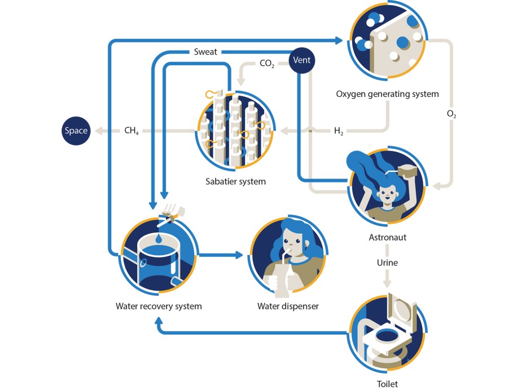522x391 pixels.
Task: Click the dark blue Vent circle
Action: [302, 60]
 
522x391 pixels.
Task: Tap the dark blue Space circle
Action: [76, 131]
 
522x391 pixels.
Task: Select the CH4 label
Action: [131, 131]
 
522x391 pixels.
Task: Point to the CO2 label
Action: [267, 64]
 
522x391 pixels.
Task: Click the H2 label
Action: [339, 131]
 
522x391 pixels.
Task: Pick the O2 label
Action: [451, 114]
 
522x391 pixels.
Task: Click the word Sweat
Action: [205, 52]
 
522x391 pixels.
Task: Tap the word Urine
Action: [387, 263]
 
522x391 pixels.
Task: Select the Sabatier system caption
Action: [235, 181]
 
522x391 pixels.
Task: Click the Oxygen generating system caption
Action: [387, 94]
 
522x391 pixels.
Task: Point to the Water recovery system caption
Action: [159, 306]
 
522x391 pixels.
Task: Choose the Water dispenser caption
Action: [288, 306]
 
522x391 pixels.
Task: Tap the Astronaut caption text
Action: [387, 237]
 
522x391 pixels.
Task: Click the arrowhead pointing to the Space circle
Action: [98, 131]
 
